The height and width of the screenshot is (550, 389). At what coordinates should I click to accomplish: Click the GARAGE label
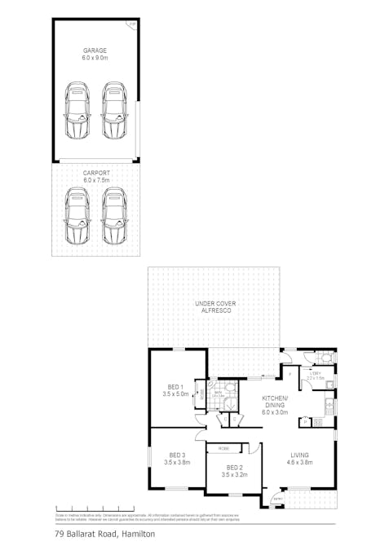click(95, 51)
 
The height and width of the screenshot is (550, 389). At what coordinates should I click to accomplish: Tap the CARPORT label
click(95, 173)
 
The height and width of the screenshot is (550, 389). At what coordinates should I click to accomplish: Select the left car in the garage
click(77, 110)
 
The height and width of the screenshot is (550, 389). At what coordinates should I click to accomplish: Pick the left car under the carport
click(77, 215)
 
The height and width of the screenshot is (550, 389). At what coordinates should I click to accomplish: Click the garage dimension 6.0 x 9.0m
click(95, 59)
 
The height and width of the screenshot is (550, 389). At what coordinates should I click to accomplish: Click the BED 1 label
click(175, 386)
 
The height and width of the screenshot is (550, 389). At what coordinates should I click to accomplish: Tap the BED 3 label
click(177, 455)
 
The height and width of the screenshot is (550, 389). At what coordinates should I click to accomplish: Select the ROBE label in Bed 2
click(223, 449)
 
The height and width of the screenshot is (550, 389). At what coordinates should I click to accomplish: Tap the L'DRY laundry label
click(315, 372)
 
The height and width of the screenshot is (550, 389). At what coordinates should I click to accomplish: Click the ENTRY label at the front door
click(277, 499)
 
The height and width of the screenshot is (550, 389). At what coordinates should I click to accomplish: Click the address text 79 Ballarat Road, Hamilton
click(105, 535)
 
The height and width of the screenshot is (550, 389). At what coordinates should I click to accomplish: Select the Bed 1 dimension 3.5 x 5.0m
click(175, 394)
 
